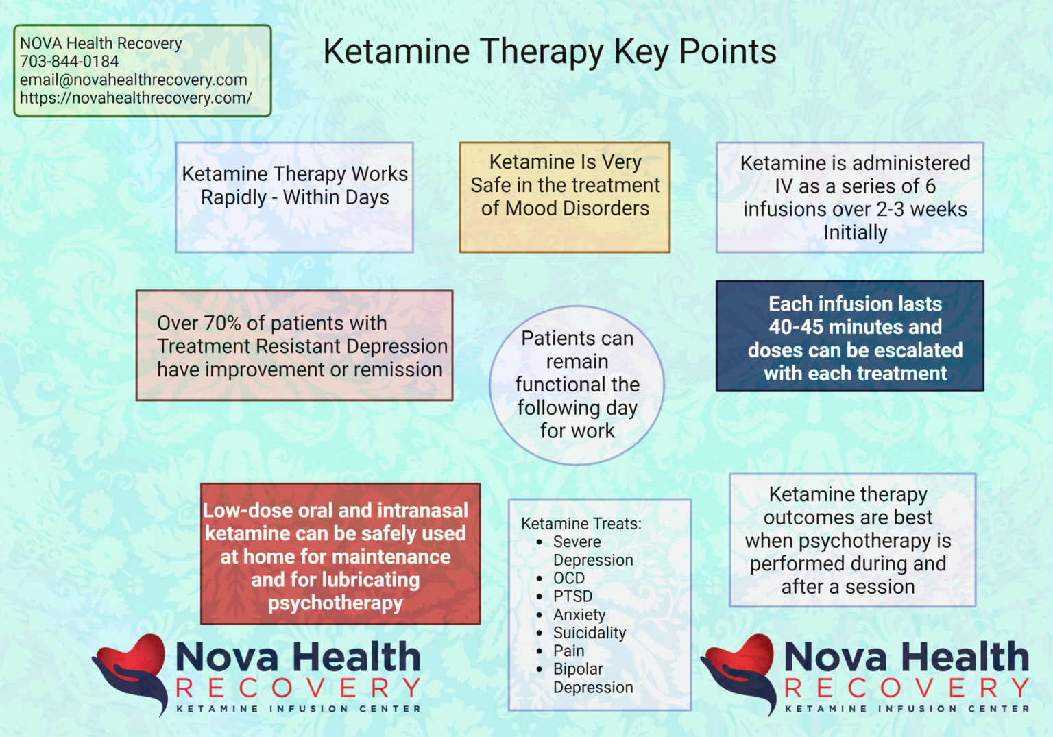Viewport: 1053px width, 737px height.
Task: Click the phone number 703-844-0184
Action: click(69, 62)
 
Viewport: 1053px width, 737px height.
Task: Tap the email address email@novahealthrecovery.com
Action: click(133, 80)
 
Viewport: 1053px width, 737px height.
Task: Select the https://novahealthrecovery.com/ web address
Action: click(136, 98)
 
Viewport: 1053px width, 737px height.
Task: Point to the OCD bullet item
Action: click(569, 578)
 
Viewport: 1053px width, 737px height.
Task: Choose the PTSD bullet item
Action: click(572, 596)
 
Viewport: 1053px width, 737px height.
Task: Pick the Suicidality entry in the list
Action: click(590, 633)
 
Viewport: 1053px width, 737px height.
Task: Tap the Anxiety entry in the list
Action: click(579, 615)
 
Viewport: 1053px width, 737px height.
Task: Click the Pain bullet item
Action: click(568, 651)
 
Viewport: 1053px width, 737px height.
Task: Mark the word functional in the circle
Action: click(556, 385)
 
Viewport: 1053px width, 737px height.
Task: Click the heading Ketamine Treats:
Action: click(581, 524)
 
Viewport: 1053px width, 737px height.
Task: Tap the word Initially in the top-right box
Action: click(855, 233)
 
